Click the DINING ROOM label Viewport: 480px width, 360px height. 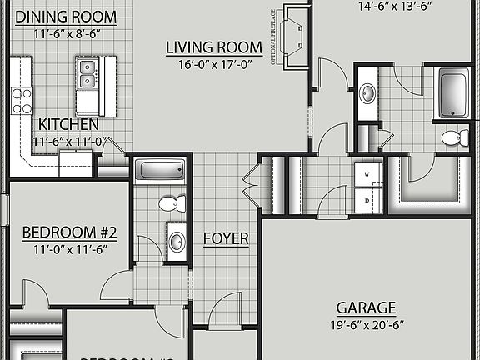(x=65, y=17)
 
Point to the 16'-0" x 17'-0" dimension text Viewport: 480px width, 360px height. (x=214, y=64)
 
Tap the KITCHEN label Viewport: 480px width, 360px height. (x=68, y=125)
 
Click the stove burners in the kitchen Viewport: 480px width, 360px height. (x=22, y=100)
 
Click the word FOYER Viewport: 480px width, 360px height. (x=226, y=239)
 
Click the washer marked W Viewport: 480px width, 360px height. (x=367, y=174)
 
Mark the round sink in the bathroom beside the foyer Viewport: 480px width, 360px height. (x=177, y=241)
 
